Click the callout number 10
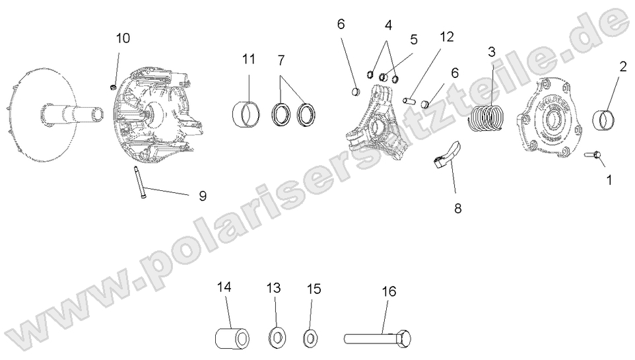[x=123, y=38]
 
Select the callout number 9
[x=203, y=196]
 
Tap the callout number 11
[x=248, y=59]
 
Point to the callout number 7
[x=281, y=60]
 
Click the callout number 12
[x=447, y=37]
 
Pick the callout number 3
[x=492, y=51]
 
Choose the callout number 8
[x=457, y=209]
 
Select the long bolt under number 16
[x=378, y=339]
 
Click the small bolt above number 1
[x=591, y=155]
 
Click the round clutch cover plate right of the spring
[x=551, y=119]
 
